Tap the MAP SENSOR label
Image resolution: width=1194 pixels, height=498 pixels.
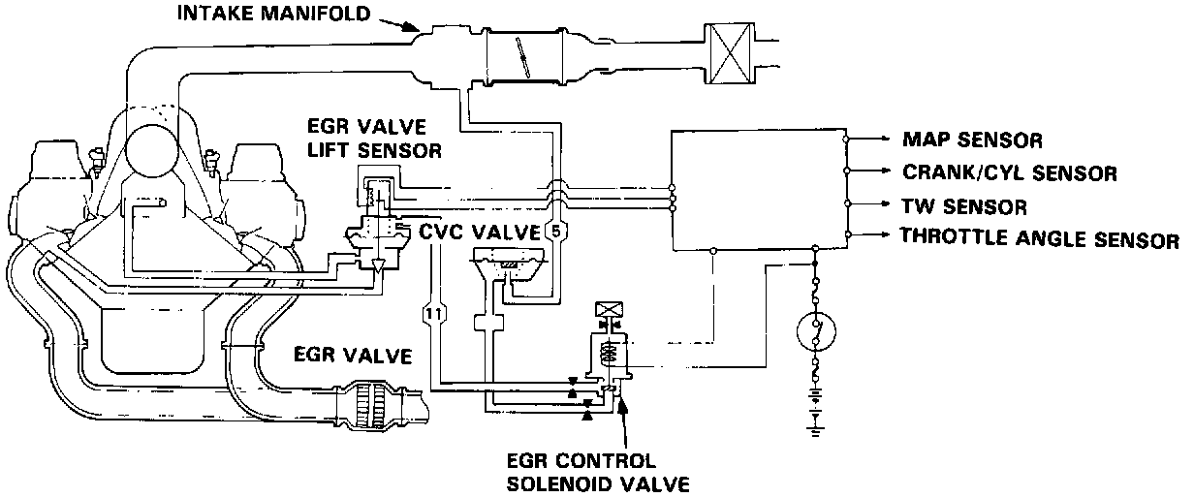(x=972, y=140)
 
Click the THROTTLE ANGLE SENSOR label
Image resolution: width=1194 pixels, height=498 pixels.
(x=1040, y=238)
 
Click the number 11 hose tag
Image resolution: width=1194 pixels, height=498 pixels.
(x=432, y=313)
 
